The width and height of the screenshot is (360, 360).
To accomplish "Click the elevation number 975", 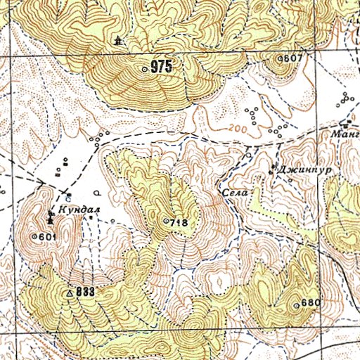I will (161, 68).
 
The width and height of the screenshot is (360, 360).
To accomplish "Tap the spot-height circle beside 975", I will (146, 69).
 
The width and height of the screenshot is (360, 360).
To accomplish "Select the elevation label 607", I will (292, 58).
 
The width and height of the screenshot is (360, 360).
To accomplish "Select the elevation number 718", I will (179, 223).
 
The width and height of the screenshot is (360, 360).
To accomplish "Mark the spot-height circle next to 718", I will (166, 222).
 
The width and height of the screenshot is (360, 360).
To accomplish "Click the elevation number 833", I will (85, 291).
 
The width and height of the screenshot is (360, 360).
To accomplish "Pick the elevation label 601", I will (47, 237).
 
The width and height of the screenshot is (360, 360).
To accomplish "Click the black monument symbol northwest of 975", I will (117, 41).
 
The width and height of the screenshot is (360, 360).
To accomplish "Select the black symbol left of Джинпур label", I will (274, 168).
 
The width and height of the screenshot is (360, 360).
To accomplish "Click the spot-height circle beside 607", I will (278, 58).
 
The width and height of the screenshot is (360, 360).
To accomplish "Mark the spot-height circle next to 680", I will (297, 304).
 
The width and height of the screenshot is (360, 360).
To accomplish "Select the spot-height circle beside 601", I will (34, 238).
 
